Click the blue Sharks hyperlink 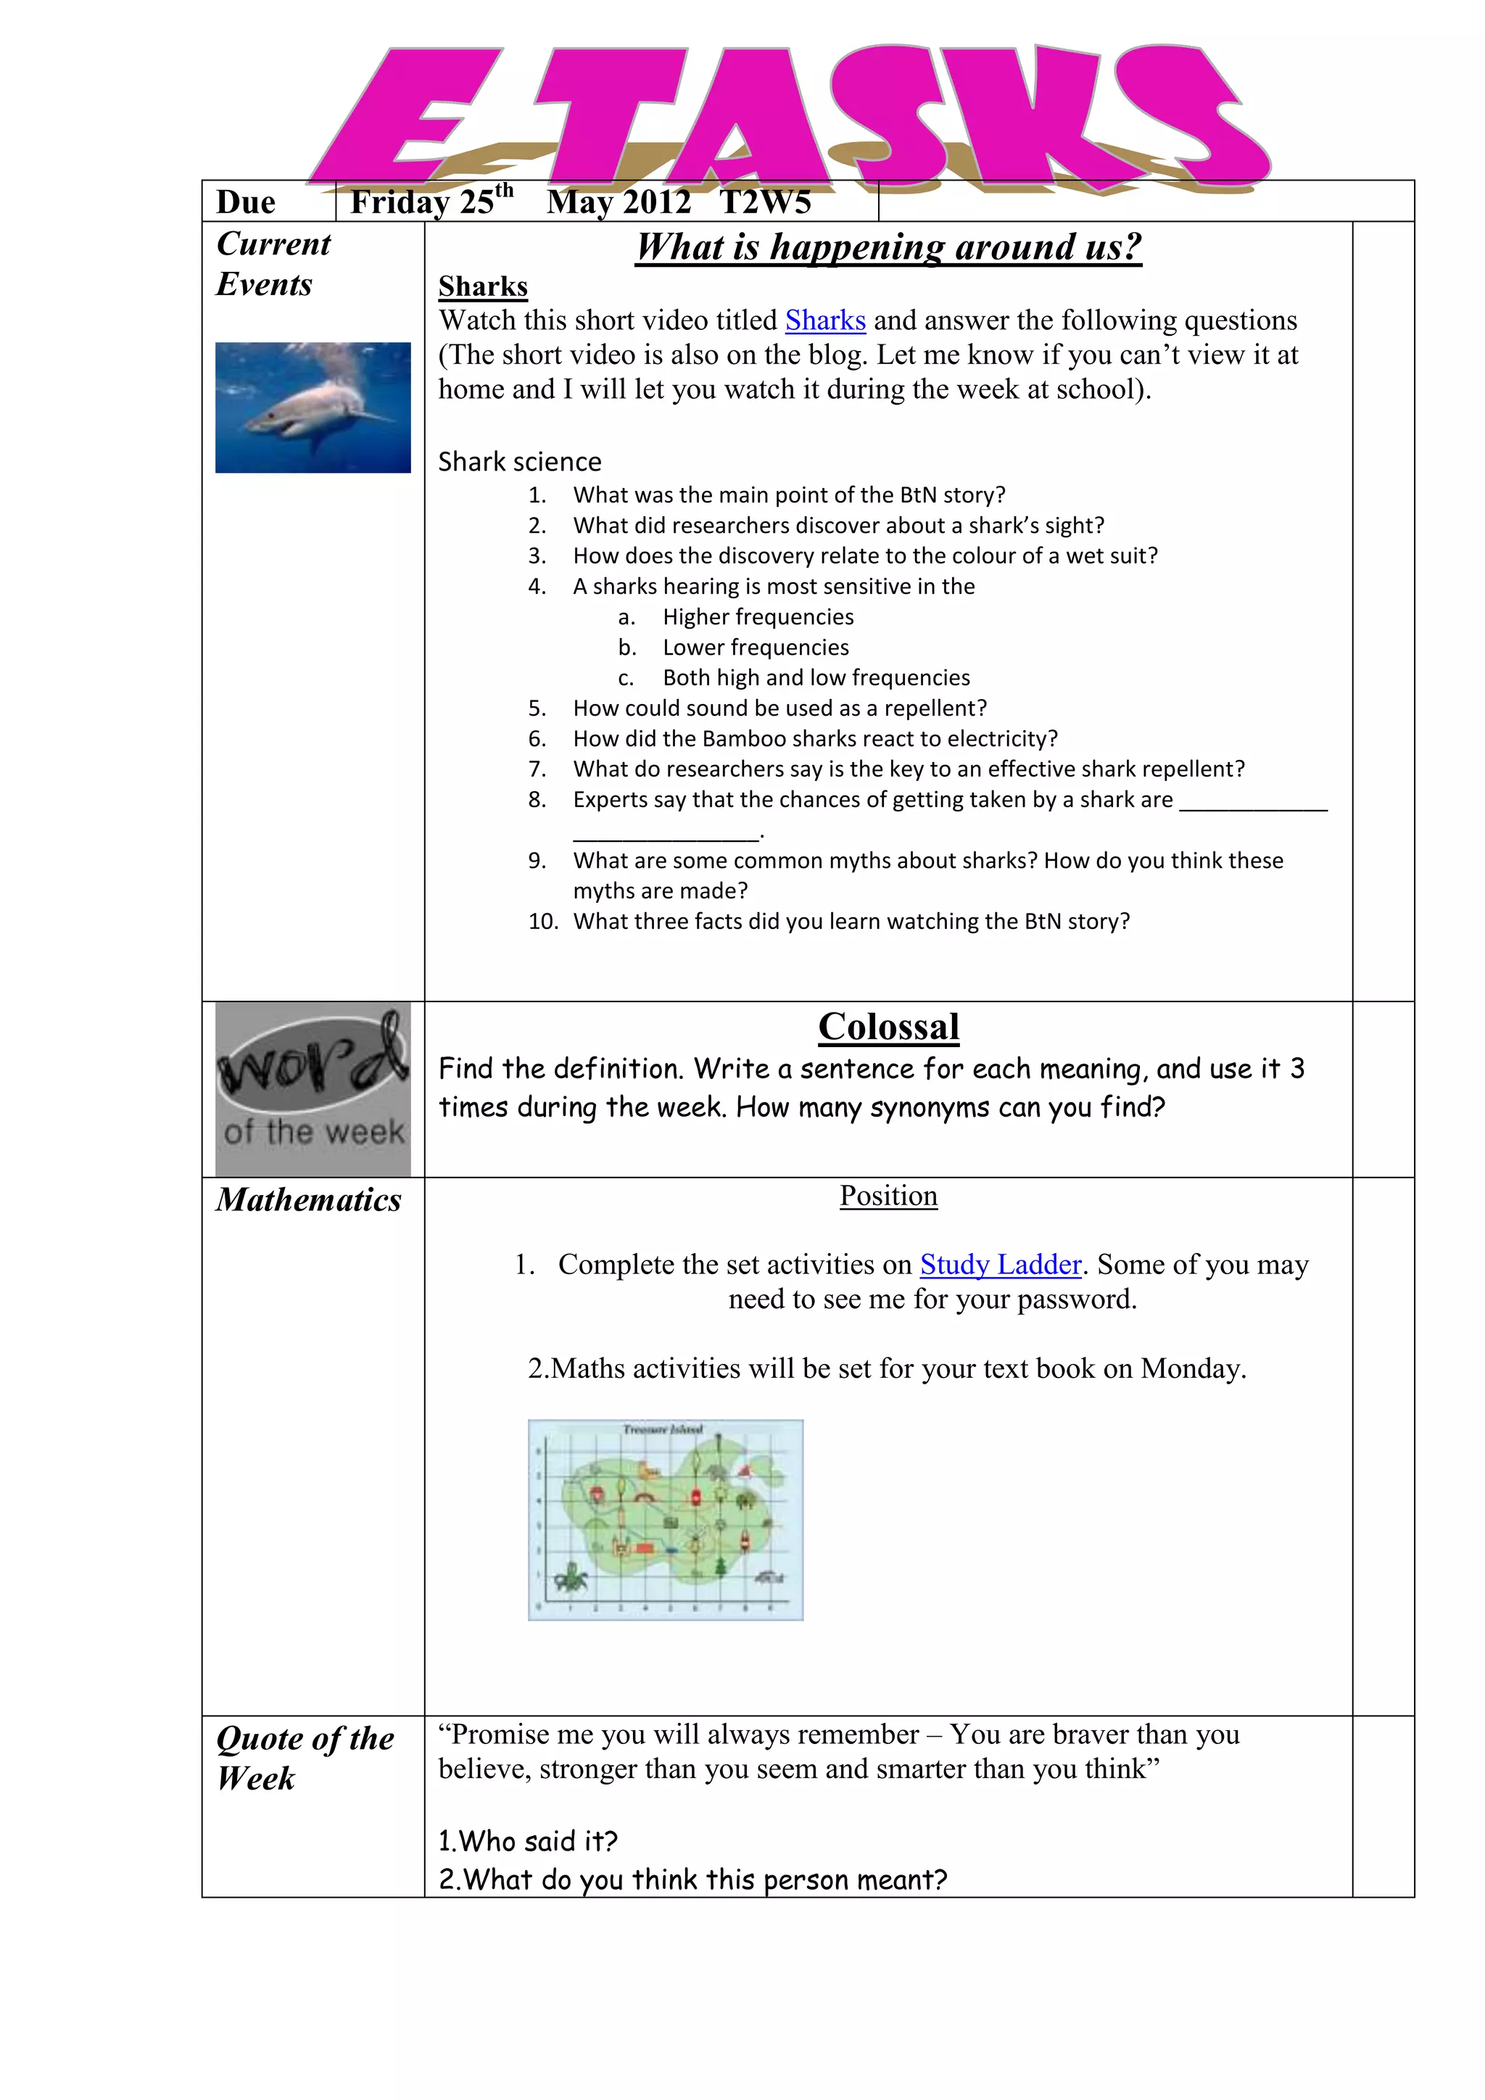pyautogui.click(x=824, y=321)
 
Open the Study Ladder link pyautogui.click(x=1001, y=1265)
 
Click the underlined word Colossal pyautogui.click(x=888, y=1027)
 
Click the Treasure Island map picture pyautogui.click(x=665, y=1519)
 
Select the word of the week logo pyautogui.click(x=313, y=1089)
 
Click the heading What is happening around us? pyautogui.click(x=888, y=248)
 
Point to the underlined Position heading pyautogui.click(x=888, y=1196)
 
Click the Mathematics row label pyautogui.click(x=308, y=1200)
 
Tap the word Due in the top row pyautogui.click(x=245, y=202)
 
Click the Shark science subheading pyautogui.click(x=519, y=462)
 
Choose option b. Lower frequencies pyautogui.click(x=756, y=648)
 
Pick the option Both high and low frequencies pyautogui.click(x=816, y=678)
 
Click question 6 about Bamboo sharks pyautogui.click(x=815, y=739)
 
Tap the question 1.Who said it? pyautogui.click(x=528, y=1840)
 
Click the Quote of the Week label pyautogui.click(x=304, y=1757)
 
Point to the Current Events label pyautogui.click(x=273, y=265)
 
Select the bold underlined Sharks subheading pyautogui.click(x=483, y=287)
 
